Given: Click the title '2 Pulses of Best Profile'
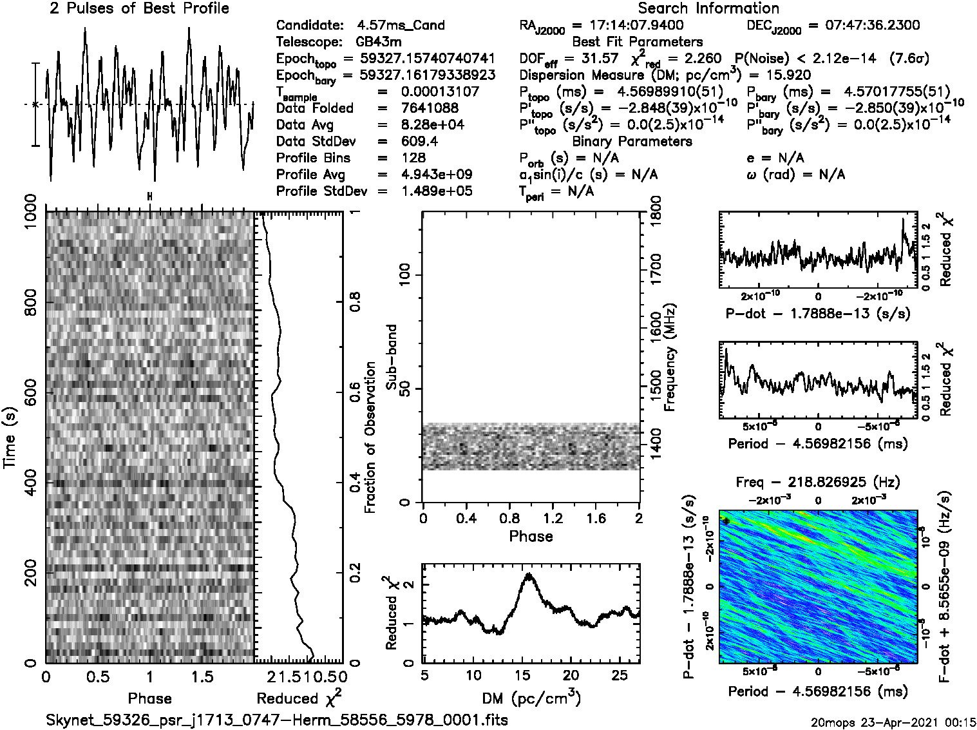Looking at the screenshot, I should click(139, 8).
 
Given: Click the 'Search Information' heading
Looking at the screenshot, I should click(708, 8).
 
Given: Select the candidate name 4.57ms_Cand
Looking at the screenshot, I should click(401, 26).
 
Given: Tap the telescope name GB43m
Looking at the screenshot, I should click(378, 43).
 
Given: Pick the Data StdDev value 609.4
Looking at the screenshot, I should click(419, 142).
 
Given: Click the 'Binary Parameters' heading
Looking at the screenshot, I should click(632, 142).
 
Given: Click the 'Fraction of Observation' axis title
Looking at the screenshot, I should click(370, 437).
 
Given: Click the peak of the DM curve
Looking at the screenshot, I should click(529, 574).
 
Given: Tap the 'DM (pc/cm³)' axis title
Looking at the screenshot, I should click(531, 697).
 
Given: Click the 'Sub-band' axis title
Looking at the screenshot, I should click(391, 357).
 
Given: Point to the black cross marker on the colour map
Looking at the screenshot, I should click(726, 521).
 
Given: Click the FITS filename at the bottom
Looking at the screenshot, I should click(277, 720).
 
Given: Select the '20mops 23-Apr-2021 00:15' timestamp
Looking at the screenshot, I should click(895, 722).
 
